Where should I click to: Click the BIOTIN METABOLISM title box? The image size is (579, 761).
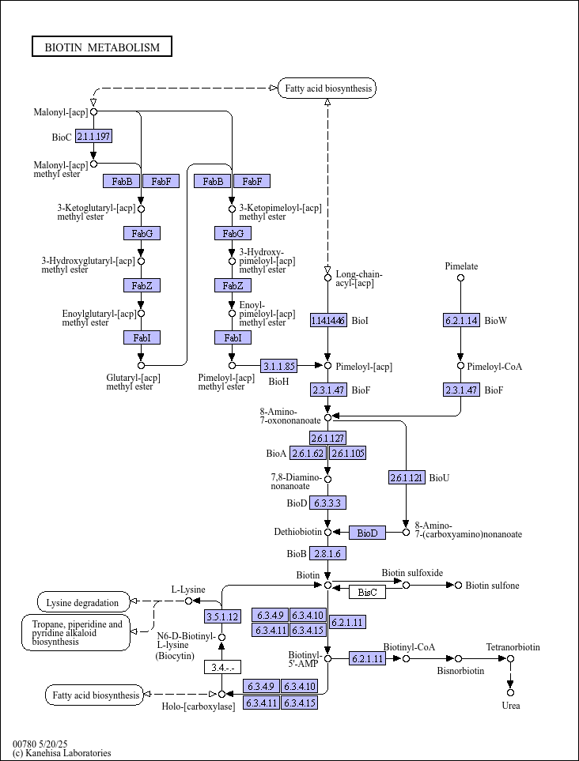pos(102,47)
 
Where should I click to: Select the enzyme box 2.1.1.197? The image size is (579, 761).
pos(94,137)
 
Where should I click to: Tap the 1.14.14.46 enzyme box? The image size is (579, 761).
pos(329,320)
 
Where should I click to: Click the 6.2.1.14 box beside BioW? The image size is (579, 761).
pos(461,320)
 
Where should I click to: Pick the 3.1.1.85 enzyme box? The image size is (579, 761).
pos(278,365)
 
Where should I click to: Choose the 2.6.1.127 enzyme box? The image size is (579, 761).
pos(328,439)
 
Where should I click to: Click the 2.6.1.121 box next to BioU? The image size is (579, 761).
pos(407,477)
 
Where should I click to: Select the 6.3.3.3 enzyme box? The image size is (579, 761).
pos(328,503)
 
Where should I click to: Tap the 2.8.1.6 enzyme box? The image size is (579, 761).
pos(328,553)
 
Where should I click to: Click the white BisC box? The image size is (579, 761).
pos(367,592)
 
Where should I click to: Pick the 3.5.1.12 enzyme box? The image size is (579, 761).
pos(222,617)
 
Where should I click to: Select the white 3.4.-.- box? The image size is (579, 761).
pos(222,667)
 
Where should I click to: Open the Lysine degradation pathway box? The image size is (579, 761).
pos(84,602)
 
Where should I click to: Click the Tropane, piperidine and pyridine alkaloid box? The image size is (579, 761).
pos(76,633)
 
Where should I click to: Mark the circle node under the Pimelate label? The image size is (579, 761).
pos(460,277)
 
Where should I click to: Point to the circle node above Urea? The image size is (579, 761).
pos(510,692)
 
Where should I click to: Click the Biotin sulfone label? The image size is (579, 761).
pos(492,586)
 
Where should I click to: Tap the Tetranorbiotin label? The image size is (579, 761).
pos(513,647)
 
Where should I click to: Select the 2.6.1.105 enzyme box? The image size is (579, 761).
pos(348,454)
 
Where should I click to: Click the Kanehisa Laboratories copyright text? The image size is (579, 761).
pos(62,753)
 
